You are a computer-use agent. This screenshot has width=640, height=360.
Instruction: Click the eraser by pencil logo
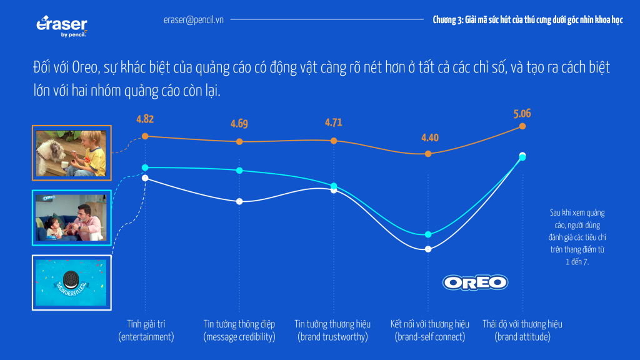click(x=62, y=27)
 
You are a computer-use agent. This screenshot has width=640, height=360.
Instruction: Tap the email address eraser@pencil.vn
click(x=193, y=20)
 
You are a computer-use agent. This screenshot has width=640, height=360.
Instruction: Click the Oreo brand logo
click(x=475, y=282)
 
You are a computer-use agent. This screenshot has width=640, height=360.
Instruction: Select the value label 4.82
click(x=145, y=119)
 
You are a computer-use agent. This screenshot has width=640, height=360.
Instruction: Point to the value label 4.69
click(x=239, y=124)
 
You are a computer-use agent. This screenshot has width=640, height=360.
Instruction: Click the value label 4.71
click(x=333, y=122)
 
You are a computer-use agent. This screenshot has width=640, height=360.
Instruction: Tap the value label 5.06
click(x=522, y=114)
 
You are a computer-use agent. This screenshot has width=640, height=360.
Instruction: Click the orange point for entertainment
click(x=145, y=136)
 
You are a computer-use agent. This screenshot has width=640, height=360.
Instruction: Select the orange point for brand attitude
click(x=522, y=127)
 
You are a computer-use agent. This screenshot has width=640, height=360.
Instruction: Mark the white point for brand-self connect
click(x=428, y=249)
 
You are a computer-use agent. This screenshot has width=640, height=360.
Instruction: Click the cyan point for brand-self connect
click(x=428, y=234)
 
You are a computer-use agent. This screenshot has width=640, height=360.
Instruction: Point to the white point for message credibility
click(x=239, y=201)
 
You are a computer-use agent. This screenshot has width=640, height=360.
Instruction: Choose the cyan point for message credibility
click(x=239, y=171)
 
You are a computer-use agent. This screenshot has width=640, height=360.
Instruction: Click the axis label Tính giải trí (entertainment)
click(x=146, y=330)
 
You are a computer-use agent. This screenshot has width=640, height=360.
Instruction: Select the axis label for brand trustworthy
click(x=332, y=330)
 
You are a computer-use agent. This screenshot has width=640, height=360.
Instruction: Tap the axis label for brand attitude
click(x=522, y=330)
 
